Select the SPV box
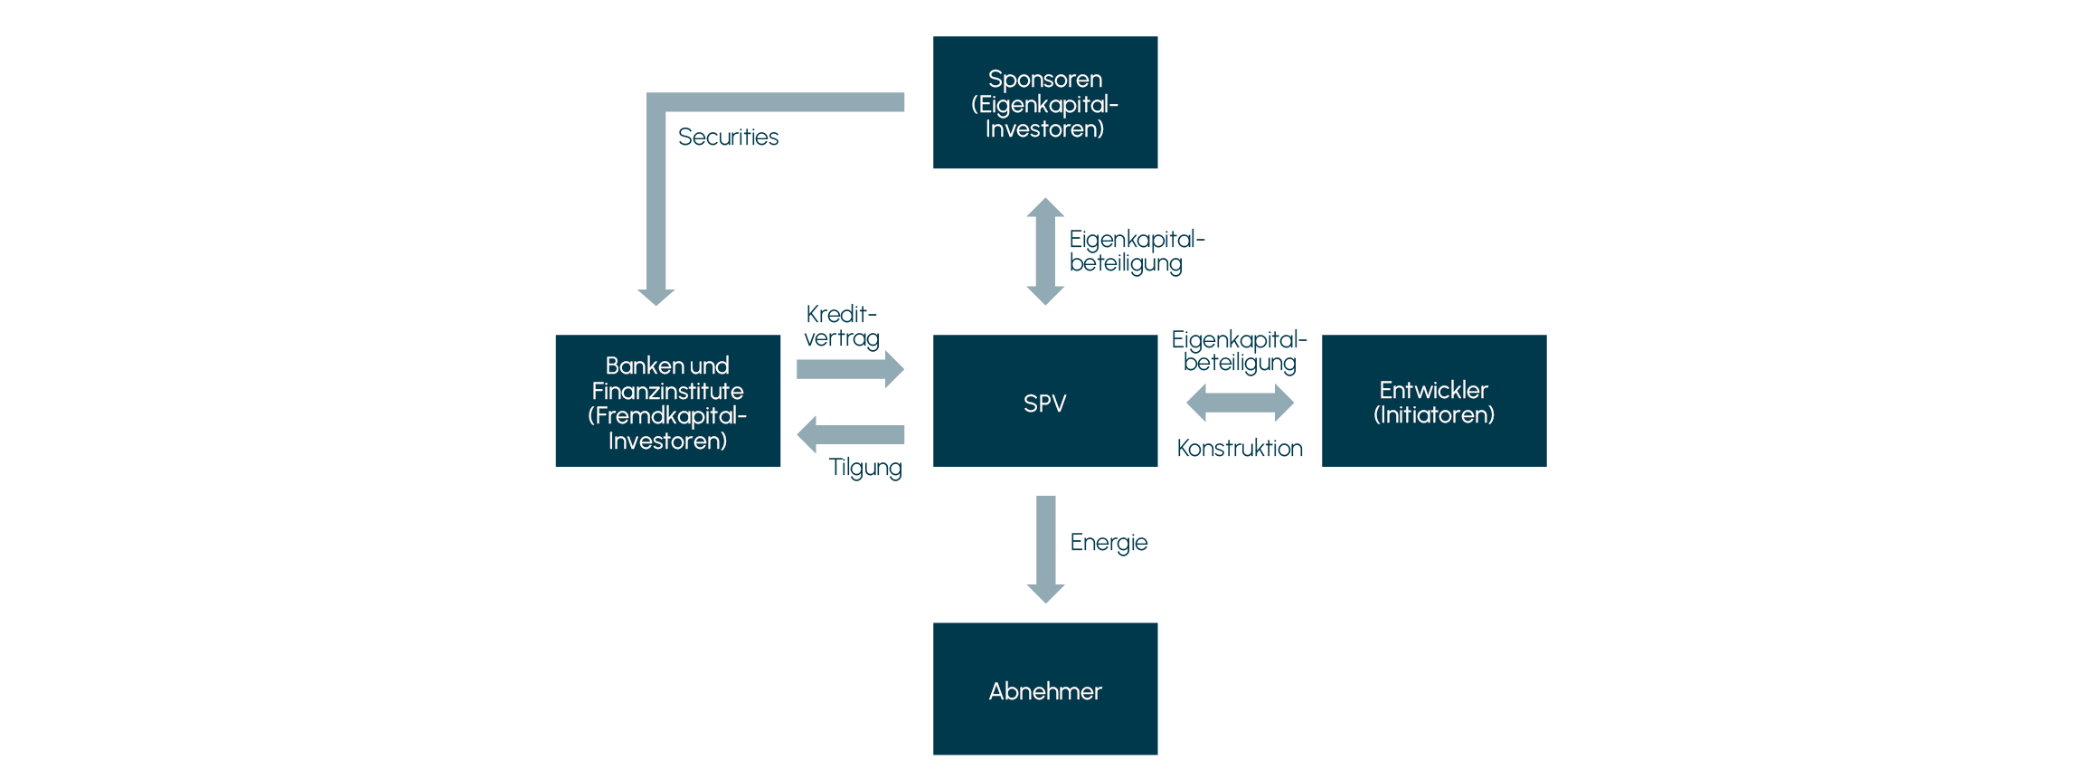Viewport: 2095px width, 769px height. pos(1045,402)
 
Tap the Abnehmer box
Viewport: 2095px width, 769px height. pos(1045,689)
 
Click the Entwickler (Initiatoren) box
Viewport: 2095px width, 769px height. pos(1434,402)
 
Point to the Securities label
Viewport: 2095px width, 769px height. pos(728,138)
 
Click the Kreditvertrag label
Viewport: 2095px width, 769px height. pos(841,327)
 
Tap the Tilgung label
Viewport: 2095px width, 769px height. pos(865,468)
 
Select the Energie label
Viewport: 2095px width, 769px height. pos(1109,543)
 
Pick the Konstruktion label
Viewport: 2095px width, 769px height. pos(1240,449)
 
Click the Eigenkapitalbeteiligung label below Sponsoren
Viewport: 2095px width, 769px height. pos(1137,252)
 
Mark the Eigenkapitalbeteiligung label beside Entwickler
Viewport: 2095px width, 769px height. pos(1240,352)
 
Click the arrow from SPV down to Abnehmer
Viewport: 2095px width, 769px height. pos(1045,548)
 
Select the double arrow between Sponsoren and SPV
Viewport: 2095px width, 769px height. pos(1045,252)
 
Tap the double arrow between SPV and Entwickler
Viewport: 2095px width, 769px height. pos(1240,403)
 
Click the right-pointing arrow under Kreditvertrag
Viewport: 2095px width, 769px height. pos(850,369)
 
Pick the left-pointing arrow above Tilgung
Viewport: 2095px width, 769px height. pos(850,434)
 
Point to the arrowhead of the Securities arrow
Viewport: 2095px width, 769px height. pos(656,297)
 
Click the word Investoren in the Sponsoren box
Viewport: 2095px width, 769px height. pos(1044,129)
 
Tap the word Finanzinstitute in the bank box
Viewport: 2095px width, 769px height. pos(667,391)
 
